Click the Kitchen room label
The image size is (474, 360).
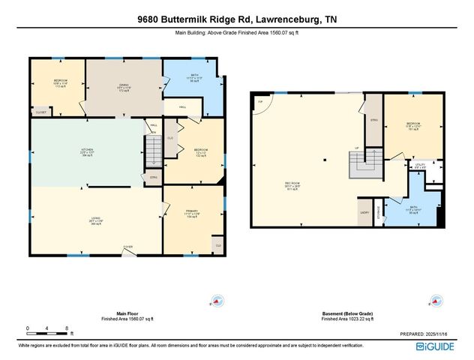click(88, 151)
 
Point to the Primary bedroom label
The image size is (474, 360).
click(191, 214)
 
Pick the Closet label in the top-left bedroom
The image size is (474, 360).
click(41, 112)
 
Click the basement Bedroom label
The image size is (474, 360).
click(412, 125)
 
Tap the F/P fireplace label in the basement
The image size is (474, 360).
click(260, 100)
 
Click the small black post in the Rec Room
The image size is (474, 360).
click(325, 160)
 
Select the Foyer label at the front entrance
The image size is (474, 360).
click(128, 246)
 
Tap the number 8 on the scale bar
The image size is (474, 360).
click(67, 328)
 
